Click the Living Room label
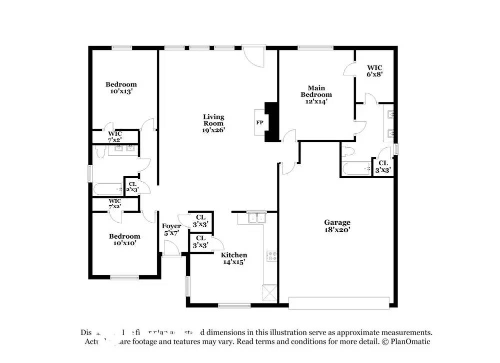213,123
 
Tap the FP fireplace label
259,122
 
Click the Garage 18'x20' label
337,226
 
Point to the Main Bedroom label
316,94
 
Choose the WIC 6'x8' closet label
375,71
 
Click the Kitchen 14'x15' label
234,258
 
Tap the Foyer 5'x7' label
171,230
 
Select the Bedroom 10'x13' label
120,88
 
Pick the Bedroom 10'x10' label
124,240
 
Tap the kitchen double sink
257,218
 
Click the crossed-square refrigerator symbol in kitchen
269,293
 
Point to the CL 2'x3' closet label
131,187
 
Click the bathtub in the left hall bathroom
108,189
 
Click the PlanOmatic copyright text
405,342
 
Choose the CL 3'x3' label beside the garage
383,166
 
